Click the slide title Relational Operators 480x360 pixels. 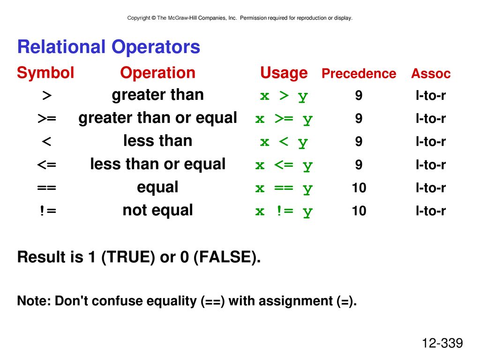click(x=109, y=47)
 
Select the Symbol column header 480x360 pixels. click(x=45, y=73)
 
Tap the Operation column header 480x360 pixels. click(x=157, y=73)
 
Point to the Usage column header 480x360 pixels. click(x=284, y=73)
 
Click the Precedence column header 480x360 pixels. click(x=359, y=74)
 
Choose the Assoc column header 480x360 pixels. click(x=431, y=74)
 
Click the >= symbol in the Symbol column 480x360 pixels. click(x=47, y=119)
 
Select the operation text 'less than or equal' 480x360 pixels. click(x=157, y=164)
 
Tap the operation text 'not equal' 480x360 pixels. click(x=157, y=210)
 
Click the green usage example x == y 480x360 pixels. click(x=284, y=188)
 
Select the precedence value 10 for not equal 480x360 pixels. click(x=359, y=211)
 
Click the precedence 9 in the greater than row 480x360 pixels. click(x=359, y=96)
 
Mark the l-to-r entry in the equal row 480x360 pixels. click(x=431, y=187)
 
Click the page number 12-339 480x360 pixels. click(x=442, y=343)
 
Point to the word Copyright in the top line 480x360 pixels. click(x=139, y=18)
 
